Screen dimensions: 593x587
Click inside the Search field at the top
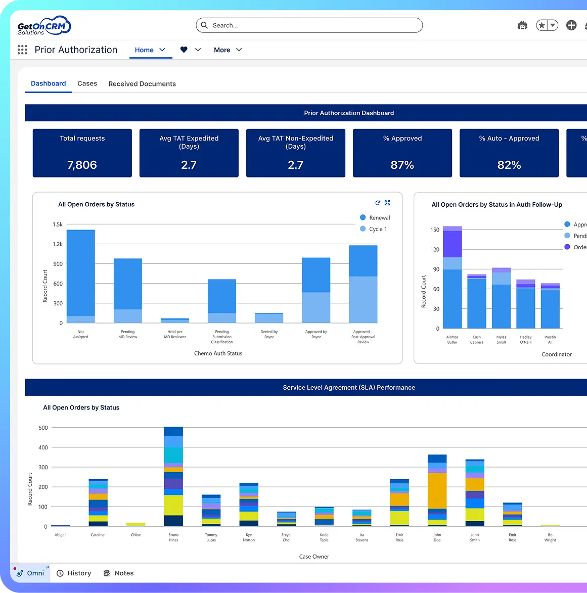[x=313, y=25]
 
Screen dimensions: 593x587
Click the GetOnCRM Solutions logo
[x=44, y=26]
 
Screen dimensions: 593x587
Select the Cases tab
[x=87, y=83]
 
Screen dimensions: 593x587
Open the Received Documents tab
[x=142, y=84]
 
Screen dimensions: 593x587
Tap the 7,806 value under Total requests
[x=82, y=165]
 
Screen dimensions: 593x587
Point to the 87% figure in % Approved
[x=402, y=165]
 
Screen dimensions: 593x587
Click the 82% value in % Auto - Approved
[x=509, y=165]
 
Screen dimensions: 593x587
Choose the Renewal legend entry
[x=379, y=218]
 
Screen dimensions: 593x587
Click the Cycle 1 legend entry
[x=378, y=229]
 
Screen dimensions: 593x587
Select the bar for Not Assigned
[x=81, y=276]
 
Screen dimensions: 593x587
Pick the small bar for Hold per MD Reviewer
[x=175, y=321]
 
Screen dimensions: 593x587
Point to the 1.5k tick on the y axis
[x=58, y=224]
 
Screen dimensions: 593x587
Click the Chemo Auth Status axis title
[x=218, y=353]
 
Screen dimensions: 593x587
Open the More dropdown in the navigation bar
[x=228, y=50]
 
